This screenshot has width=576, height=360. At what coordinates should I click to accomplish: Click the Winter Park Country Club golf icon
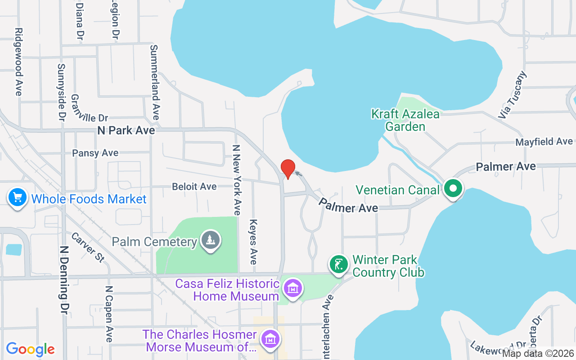tap(339, 264)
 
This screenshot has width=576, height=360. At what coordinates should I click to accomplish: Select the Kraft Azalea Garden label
tap(405, 120)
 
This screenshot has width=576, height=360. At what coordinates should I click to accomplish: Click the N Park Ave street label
tap(126, 130)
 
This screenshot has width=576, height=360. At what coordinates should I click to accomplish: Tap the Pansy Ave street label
tap(95, 153)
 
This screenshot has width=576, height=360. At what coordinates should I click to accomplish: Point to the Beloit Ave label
tap(194, 186)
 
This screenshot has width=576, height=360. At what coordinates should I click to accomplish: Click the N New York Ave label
tap(237, 180)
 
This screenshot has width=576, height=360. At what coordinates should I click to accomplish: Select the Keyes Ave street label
tap(253, 242)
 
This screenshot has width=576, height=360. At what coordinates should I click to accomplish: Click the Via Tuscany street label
tap(512, 95)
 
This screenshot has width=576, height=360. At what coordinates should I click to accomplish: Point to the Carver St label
tap(88, 247)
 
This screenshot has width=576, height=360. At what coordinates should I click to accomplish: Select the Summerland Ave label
tap(155, 82)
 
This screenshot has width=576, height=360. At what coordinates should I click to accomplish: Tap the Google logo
tap(31, 349)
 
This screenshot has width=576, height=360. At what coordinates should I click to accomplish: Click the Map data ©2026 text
tap(538, 354)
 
